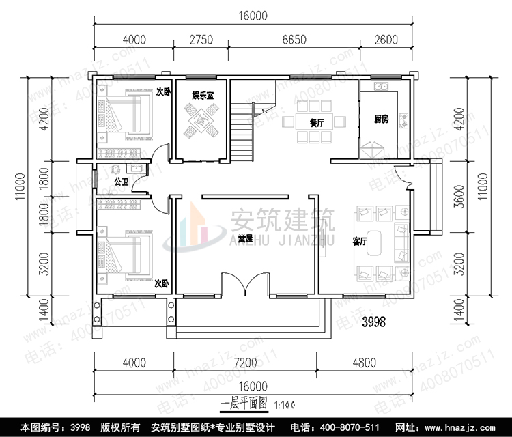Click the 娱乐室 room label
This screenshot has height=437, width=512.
pos(202,96)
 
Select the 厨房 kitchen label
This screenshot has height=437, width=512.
pos(381,119)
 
